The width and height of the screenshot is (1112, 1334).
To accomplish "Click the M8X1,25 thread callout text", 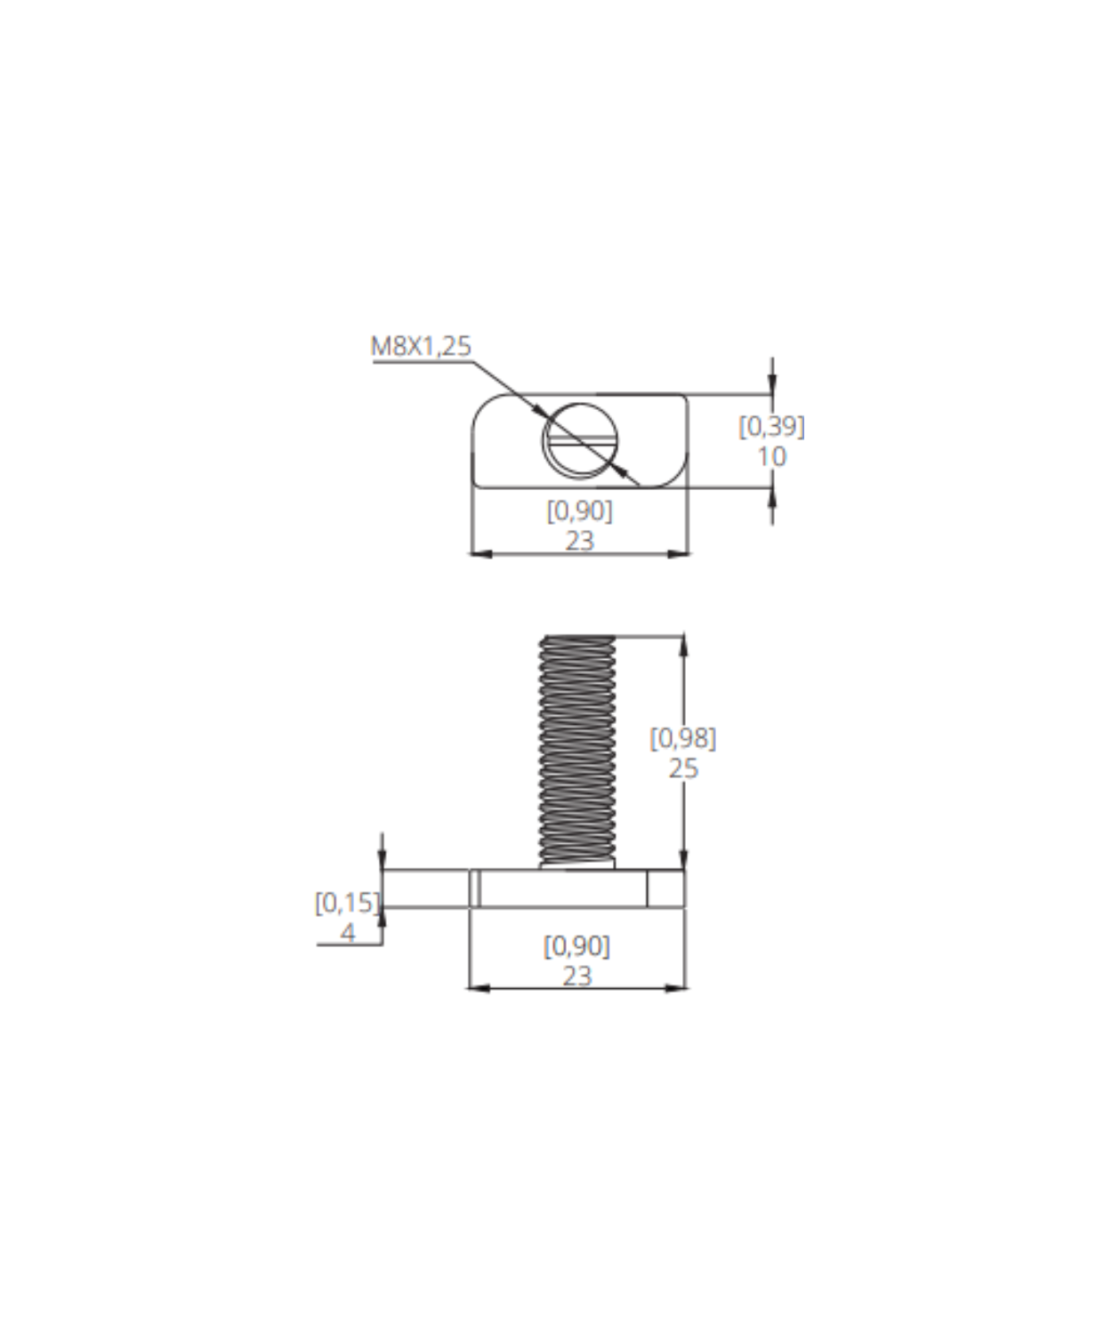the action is tap(421, 346).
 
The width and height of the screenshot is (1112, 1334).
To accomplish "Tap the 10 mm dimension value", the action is tap(771, 457).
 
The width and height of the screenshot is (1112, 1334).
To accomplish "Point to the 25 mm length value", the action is tap(683, 768).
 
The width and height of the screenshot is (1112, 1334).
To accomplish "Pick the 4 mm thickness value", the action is tap(347, 934).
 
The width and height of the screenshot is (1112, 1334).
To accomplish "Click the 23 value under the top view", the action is tap(580, 541).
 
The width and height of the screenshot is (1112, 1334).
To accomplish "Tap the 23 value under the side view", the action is tap(577, 976).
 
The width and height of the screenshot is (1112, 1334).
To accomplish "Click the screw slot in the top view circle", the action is tap(580, 439).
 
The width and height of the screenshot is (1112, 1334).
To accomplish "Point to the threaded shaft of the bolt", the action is tap(577, 751).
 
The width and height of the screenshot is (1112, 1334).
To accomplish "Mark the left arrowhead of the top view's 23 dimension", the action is tap(480, 554).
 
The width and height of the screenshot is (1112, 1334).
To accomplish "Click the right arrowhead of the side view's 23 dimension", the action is tap(675, 989).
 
